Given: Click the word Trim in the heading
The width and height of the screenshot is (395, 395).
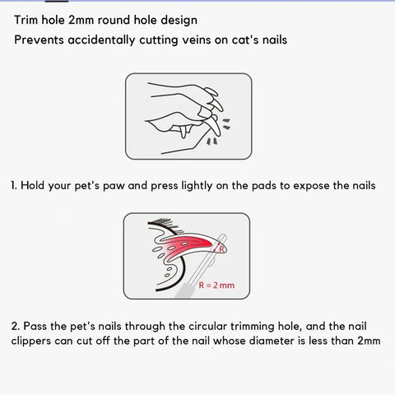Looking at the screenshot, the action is click(x=26, y=20).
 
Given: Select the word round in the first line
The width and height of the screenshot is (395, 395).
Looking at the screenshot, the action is click(x=114, y=20).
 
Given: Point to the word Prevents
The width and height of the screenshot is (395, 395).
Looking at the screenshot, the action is click(x=39, y=39).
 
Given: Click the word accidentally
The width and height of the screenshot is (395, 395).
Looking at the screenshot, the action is click(x=101, y=40).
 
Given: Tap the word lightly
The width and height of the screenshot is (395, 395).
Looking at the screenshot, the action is click(x=197, y=186).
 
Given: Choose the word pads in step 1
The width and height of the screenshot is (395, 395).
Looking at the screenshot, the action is click(x=263, y=185).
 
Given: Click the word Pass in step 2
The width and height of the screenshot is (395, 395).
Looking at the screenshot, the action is click(x=35, y=326).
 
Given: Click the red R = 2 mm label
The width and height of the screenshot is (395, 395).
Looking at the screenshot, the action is click(x=216, y=286).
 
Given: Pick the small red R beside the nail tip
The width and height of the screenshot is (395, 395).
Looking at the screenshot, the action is click(x=221, y=249).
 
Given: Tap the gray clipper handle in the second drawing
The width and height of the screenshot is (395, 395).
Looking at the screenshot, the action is click(x=184, y=290).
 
